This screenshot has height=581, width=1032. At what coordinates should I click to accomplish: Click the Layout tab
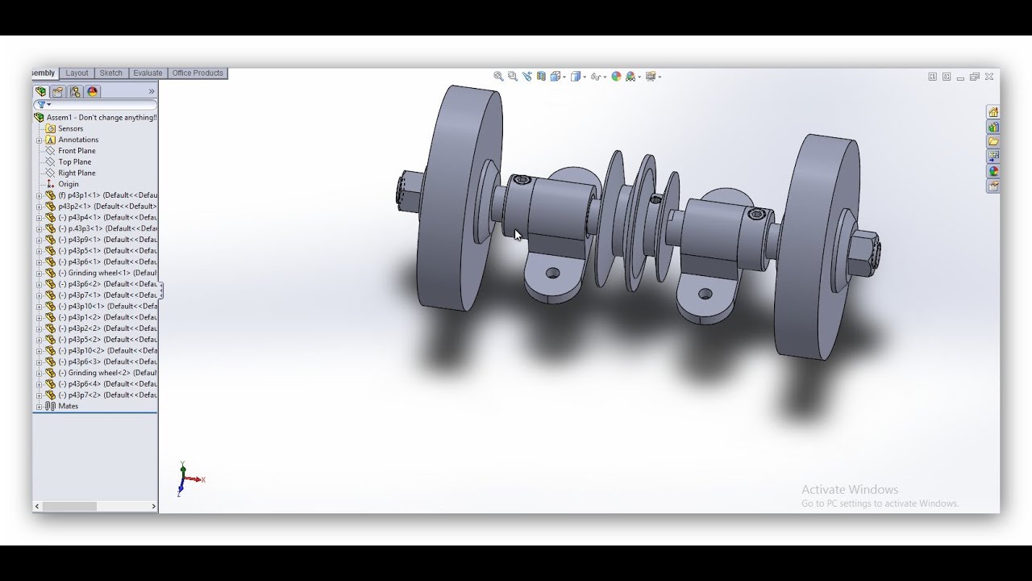(77, 73)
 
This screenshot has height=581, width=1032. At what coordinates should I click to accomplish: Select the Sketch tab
(111, 73)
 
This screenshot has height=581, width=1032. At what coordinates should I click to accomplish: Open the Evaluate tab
(148, 73)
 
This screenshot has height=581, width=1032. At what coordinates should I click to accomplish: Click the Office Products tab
(198, 73)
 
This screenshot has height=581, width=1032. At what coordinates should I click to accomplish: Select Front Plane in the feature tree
(77, 151)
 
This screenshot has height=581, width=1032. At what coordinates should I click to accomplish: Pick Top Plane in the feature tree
(74, 162)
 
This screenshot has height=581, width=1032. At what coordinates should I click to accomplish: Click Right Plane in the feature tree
(77, 173)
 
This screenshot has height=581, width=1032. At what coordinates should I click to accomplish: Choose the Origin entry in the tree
(69, 184)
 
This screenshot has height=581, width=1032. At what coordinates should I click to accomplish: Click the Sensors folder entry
(70, 129)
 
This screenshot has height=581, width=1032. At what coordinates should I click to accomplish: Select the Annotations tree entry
(78, 140)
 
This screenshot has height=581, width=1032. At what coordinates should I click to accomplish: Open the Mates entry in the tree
(69, 406)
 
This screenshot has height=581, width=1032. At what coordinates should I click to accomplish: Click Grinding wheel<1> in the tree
(104, 274)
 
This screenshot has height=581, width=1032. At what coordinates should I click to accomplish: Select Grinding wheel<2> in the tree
(104, 373)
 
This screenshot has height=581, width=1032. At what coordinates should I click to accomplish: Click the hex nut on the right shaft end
(863, 253)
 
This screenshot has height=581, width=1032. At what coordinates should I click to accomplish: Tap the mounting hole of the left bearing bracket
(553, 274)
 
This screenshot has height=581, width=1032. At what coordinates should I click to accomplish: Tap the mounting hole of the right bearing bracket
(705, 295)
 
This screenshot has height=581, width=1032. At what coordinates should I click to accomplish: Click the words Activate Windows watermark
(849, 490)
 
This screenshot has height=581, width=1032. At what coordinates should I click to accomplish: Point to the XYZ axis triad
(186, 479)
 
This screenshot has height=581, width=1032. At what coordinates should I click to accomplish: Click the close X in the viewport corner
(989, 77)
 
